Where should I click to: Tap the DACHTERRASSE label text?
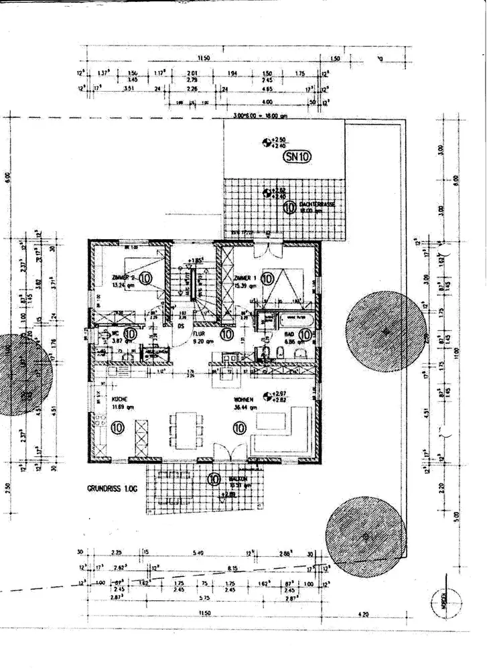tap(316, 204)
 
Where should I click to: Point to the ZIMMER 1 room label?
tap(247, 277)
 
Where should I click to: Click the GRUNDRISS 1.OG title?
tap(111, 490)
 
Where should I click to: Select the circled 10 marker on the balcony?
tap(214, 479)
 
